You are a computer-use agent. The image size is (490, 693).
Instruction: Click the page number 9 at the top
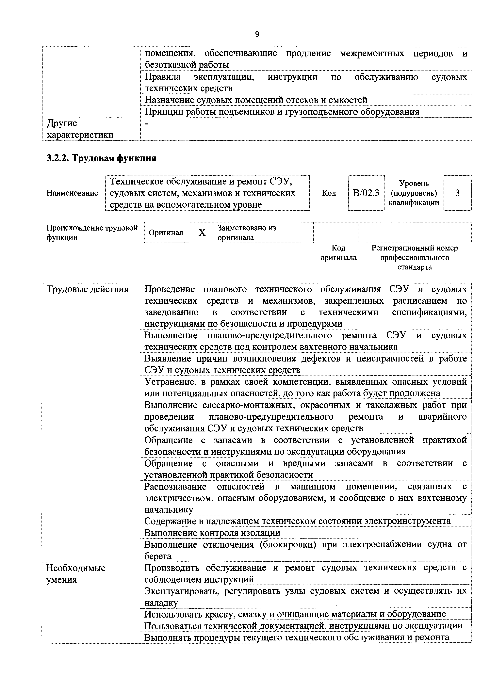257,34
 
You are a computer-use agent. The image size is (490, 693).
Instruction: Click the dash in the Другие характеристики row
147,124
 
